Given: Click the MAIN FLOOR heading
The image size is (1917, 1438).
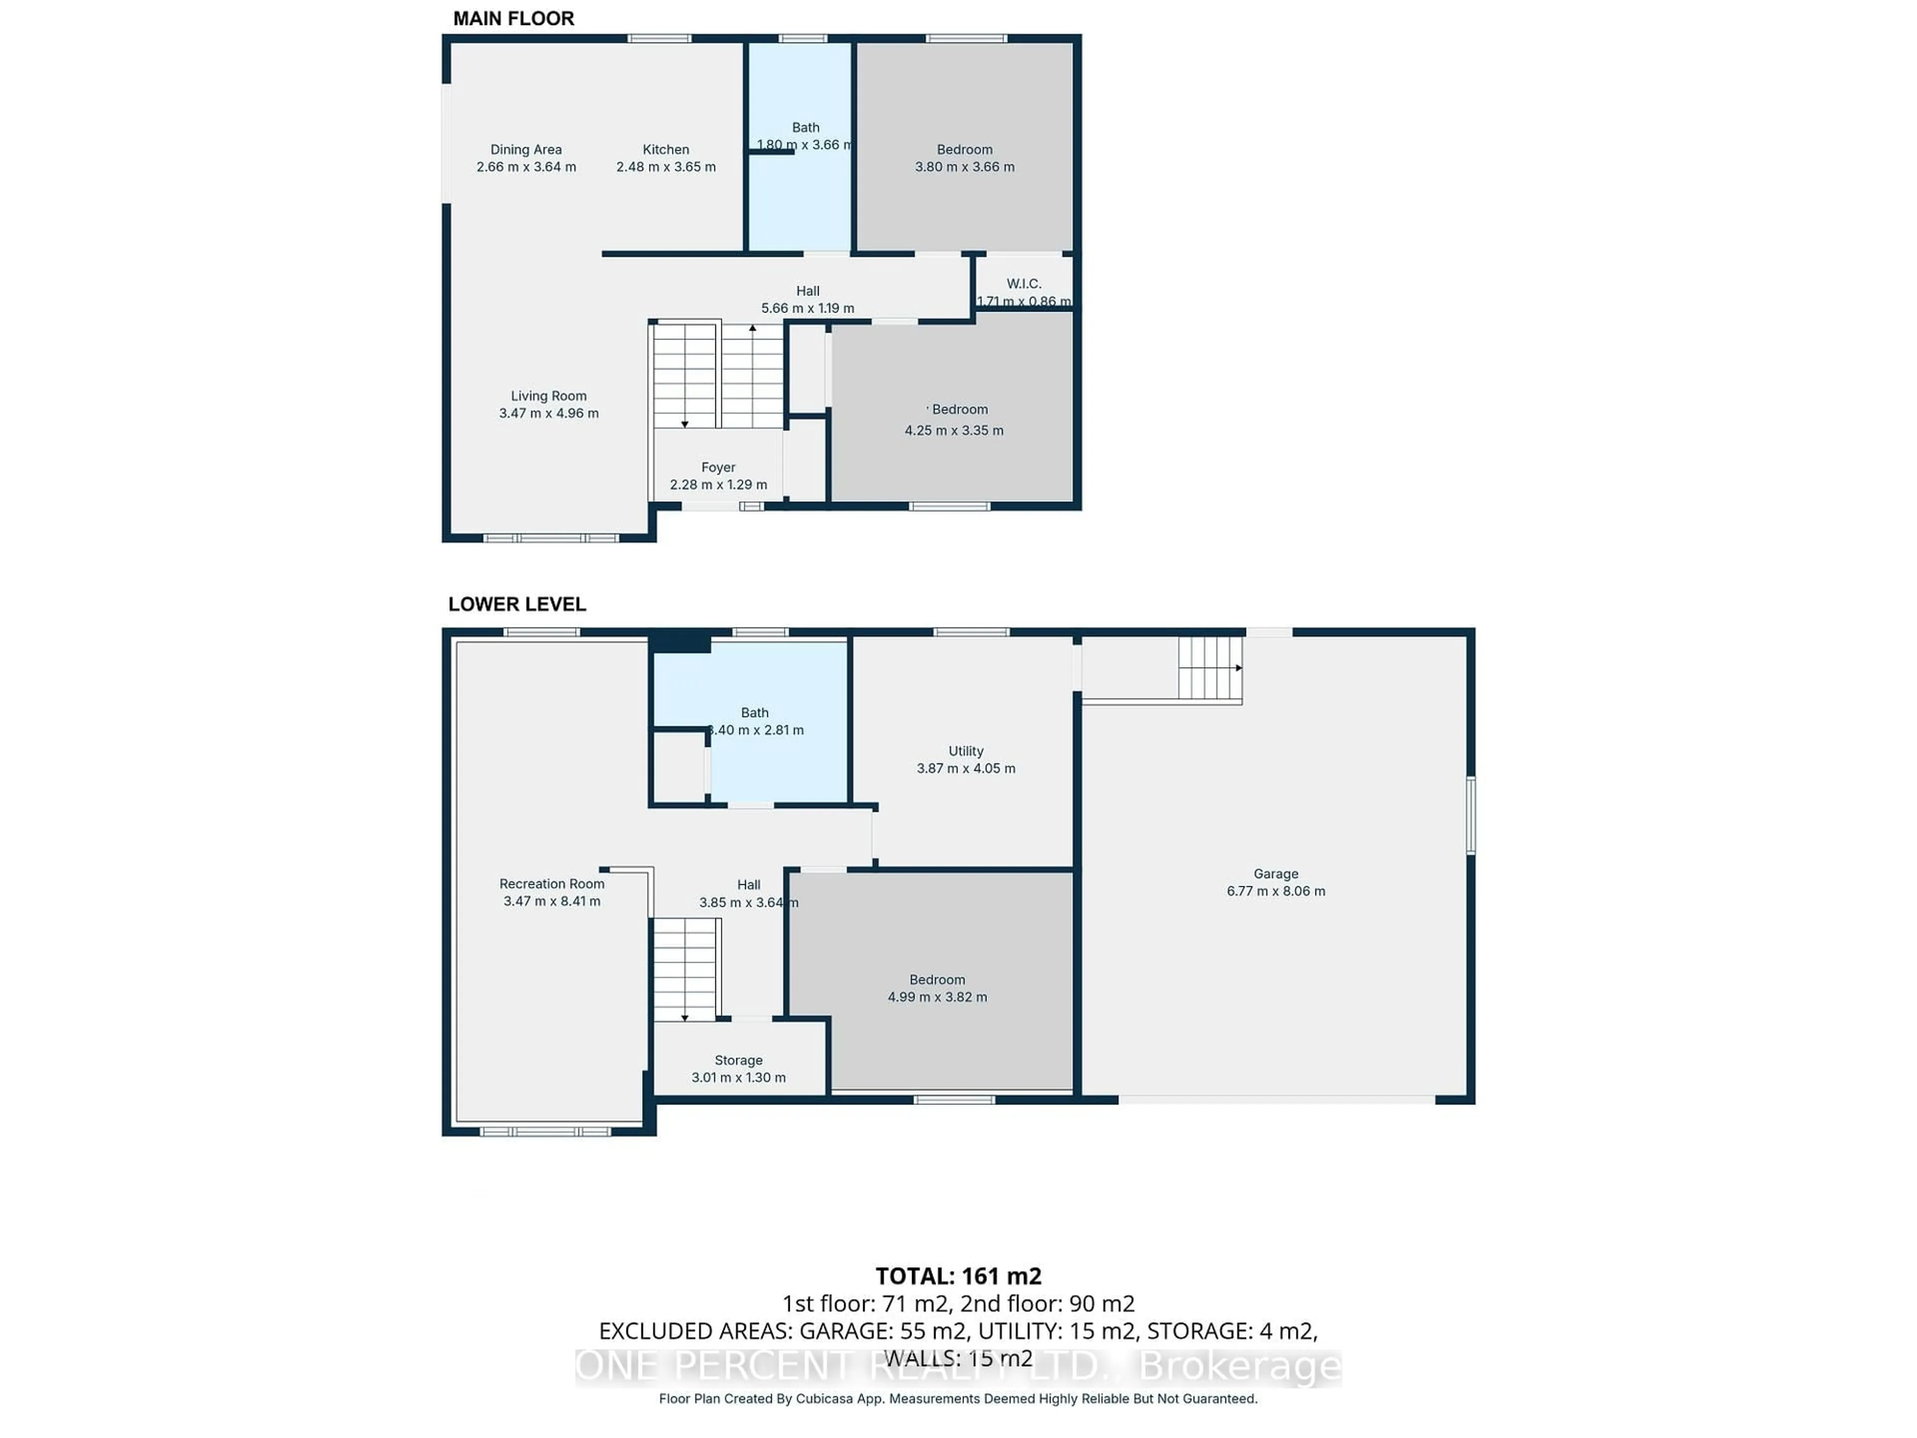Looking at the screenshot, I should tap(513, 18).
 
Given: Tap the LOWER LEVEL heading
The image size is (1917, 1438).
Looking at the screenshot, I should tap(517, 604).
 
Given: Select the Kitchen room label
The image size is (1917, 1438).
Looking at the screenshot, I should tap(665, 150).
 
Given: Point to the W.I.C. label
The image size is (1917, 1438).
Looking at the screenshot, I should tap(1023, 284).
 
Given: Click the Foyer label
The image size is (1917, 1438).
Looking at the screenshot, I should tap(717, 467).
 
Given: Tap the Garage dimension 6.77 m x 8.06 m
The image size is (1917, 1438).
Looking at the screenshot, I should tap(1276, 891).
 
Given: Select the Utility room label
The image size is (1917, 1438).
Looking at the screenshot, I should tap(965, 750).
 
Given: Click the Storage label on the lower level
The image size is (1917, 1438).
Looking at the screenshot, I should tap(738, 1060).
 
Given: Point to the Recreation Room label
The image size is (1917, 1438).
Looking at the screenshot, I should tap(551, 883).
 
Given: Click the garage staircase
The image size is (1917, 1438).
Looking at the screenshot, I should tap(1210, 668).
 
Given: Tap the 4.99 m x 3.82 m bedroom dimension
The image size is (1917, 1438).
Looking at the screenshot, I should tap(937, 997).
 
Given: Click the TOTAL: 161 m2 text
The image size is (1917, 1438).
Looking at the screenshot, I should tap(958, 1276).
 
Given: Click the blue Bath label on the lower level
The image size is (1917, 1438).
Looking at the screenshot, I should tap(754, 713).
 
